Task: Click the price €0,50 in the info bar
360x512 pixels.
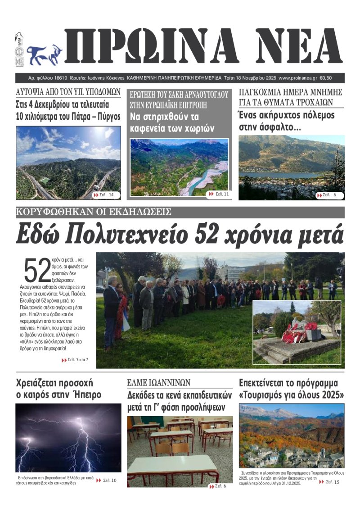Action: [x=338, y=78]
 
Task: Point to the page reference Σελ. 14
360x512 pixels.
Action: [x=107, y=195]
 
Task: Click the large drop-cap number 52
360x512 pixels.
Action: [x=36, y=271]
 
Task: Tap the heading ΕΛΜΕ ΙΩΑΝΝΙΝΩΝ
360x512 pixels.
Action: [x=158, y=383]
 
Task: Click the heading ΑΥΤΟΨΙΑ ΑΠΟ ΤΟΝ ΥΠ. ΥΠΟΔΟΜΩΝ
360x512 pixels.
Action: [x=68, y=92]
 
